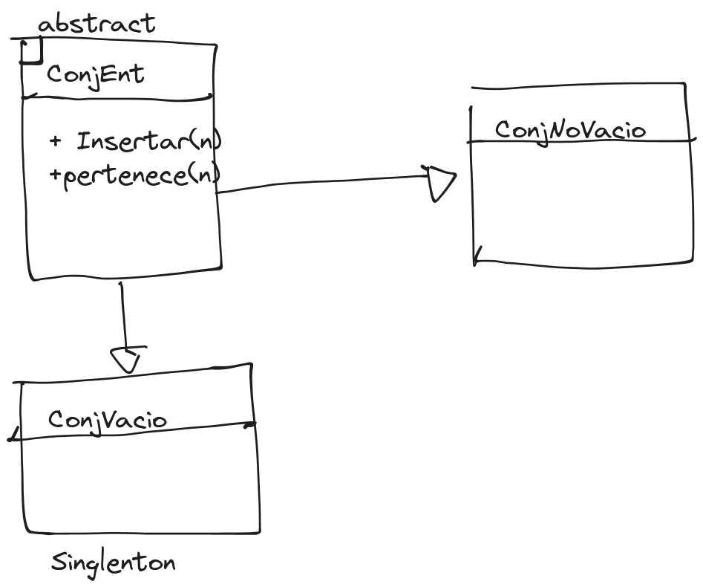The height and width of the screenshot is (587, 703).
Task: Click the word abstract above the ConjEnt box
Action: point(97,23)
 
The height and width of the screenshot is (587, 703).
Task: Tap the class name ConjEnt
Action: point(96,75)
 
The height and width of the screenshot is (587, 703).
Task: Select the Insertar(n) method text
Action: point(149,141)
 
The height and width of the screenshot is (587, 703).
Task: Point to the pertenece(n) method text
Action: point(142,175)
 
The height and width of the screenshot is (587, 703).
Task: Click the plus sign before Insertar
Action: point(55,141)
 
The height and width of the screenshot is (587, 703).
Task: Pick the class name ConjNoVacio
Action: point(570,131)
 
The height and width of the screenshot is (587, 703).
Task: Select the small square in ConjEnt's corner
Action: point(31,51)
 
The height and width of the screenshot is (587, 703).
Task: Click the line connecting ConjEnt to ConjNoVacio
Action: point(323,182)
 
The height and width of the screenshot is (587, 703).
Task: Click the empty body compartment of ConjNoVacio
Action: point(582,203)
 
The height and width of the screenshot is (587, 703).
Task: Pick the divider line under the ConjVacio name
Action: point(132,431)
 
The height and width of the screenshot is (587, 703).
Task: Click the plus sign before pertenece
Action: point(55,174)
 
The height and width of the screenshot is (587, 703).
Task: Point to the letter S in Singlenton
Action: point(59,562)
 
